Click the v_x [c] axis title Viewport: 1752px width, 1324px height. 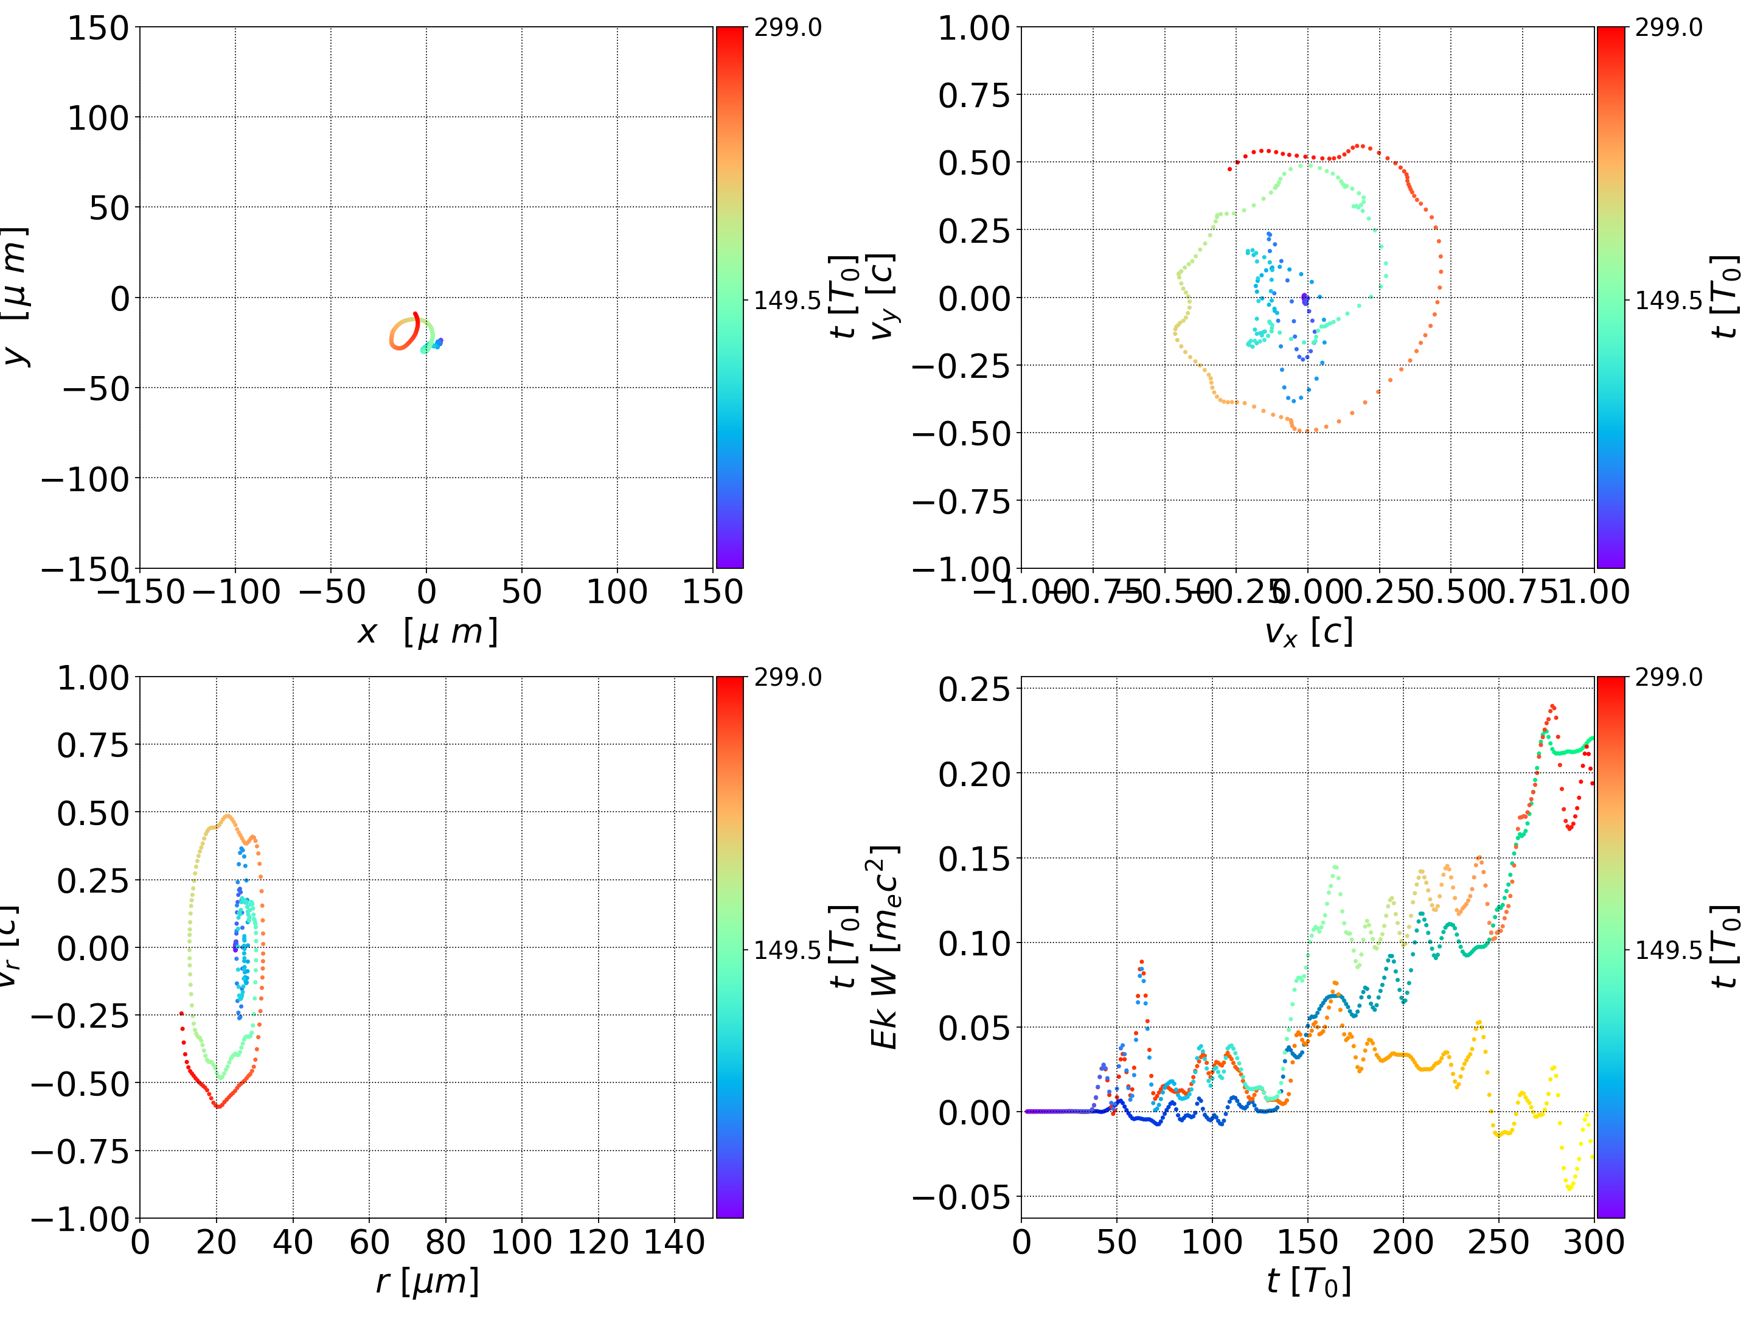pos(1308,632)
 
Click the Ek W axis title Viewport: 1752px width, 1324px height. pos(885,947)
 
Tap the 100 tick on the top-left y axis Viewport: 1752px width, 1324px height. pos(97,118)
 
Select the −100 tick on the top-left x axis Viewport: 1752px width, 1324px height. pos(236,592)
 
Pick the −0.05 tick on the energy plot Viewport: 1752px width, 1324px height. pos(962,1197)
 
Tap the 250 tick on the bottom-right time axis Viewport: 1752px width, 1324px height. pos(1498,1242)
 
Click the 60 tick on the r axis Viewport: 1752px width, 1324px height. pos(369,1242)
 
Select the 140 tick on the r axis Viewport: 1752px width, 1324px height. pos(674,1242)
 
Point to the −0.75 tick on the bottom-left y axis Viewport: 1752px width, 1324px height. pos(79,1151)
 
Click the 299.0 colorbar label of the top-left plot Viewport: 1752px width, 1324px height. pos(787,28)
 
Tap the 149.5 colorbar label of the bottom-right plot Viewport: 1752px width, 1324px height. pos(1668,949)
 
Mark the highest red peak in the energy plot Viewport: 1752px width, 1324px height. pos(1552,706)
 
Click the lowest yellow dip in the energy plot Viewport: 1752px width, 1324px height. pos(1569,1188)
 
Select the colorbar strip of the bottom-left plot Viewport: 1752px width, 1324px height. pos(729,947)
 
